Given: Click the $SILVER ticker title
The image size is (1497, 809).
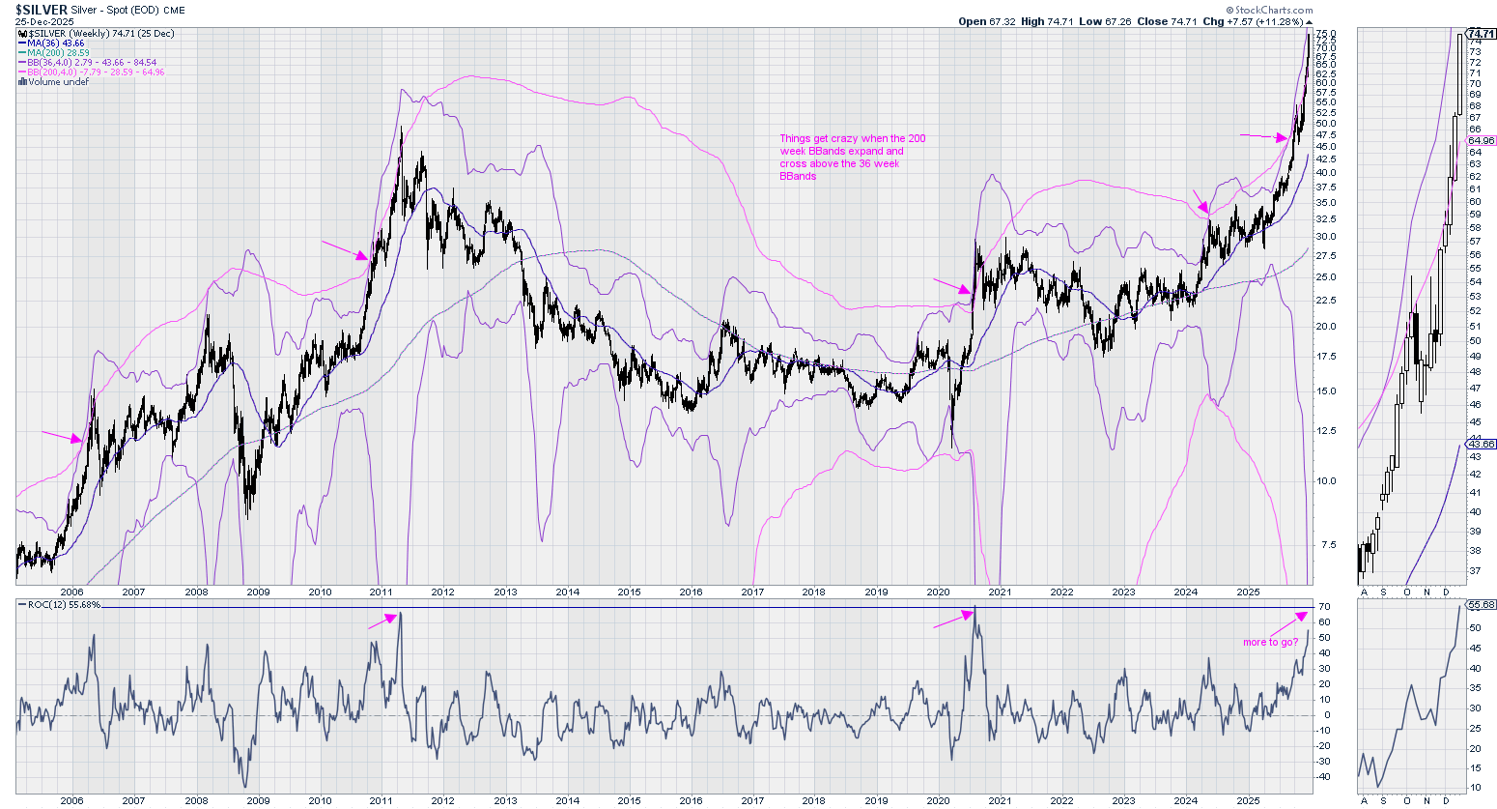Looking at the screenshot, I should pos(42,10).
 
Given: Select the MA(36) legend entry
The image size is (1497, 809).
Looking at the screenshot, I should pos(56,43).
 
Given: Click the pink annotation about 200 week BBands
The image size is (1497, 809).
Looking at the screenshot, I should pos(852,157).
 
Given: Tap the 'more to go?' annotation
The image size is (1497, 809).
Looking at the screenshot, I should pos(1270,642).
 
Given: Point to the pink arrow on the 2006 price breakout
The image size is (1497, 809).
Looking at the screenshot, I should pos(62,436).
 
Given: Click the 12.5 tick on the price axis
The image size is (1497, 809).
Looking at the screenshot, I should pos(1325,431).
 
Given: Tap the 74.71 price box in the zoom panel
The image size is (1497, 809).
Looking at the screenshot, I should pos(1481,34).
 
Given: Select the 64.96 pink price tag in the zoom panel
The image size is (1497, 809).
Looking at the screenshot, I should pos(1481,141).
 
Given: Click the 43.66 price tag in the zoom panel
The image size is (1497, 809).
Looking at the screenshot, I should pos(1481,445).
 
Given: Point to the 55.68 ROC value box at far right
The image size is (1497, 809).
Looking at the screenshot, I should pos(1481,605).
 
